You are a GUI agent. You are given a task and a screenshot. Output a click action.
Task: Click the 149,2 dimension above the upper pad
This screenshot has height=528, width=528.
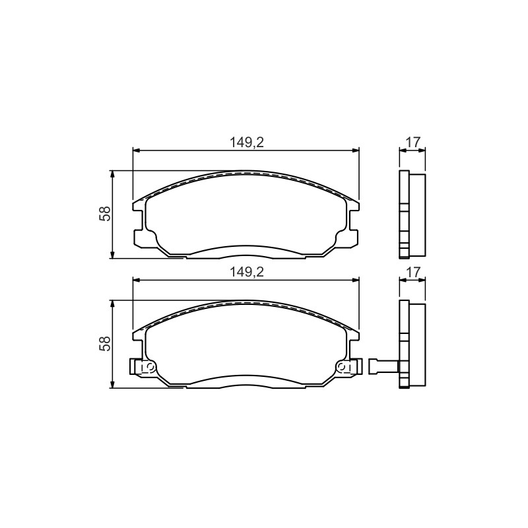[246, 143]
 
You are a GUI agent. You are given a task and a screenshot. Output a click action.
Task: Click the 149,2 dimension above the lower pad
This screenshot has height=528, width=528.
[246, 272]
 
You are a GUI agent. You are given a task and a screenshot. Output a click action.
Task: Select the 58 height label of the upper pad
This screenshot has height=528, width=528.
[105, 213]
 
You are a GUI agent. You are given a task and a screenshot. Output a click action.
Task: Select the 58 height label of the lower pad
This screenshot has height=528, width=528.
[105, 343]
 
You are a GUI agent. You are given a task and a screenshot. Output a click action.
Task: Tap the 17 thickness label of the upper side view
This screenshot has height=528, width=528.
[413, 143]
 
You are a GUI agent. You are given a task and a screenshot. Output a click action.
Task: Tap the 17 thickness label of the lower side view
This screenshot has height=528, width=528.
[413, 272]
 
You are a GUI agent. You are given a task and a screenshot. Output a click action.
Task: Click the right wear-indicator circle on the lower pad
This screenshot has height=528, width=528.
[342, 366]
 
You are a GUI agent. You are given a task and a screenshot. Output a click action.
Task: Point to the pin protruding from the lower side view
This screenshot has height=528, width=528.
[384, 366]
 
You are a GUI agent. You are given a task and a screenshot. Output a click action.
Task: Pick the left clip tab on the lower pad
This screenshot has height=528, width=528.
[138, 366]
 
